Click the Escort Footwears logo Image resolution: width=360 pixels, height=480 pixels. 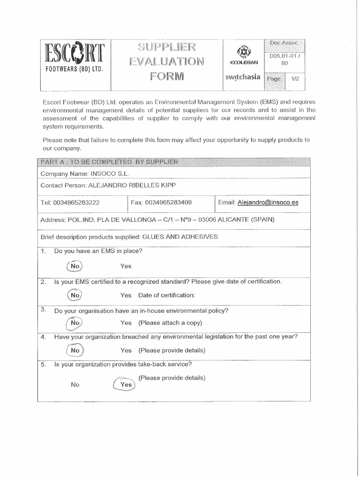click(x=75, y=60)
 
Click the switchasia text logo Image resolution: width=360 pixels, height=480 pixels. click(x=243, y=77)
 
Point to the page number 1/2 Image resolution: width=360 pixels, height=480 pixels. click(x=295, y=79)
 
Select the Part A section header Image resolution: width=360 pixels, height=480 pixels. click(x=109, y=162)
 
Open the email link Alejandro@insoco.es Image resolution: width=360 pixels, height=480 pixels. click(x=268, y=202)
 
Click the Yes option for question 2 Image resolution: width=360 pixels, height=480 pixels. click(x=126, y=295)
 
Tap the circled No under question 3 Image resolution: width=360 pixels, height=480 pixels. click(x=75, y=323)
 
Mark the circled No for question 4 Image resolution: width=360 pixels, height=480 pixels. click(x=75, y=350)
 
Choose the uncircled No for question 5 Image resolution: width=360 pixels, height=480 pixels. click(x=75, y=384)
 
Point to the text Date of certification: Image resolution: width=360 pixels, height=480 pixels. click(x=166, y=295)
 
